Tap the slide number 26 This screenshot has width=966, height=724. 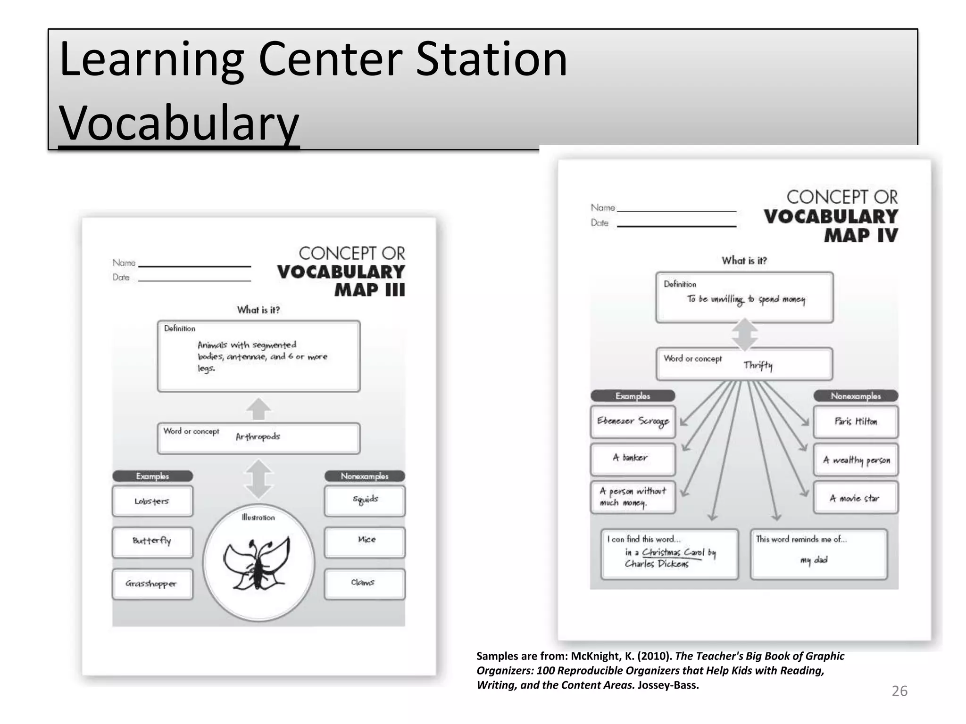coord(899,691)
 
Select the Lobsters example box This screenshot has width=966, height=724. coord(152,501)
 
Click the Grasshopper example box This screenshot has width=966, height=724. coord(152,584)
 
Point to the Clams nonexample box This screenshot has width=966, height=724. coord(365,584)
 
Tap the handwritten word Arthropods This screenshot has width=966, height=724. coord(258,437)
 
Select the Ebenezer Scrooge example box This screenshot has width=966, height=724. coord(633,421)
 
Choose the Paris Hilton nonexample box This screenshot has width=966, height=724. coord(856,421)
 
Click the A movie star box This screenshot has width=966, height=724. coord(856,498)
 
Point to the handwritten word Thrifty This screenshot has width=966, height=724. coord(758,365)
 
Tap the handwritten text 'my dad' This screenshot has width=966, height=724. coord(814,560)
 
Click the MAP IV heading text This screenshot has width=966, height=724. coord(861,235)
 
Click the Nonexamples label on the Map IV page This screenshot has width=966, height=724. coord(856,396)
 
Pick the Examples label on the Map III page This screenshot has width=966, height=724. coord(152,476)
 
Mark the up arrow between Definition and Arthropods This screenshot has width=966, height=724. coord(258,408)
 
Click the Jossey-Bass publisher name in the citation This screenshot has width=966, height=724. coord(668,685)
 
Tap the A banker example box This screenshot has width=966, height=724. coord(633,458)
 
